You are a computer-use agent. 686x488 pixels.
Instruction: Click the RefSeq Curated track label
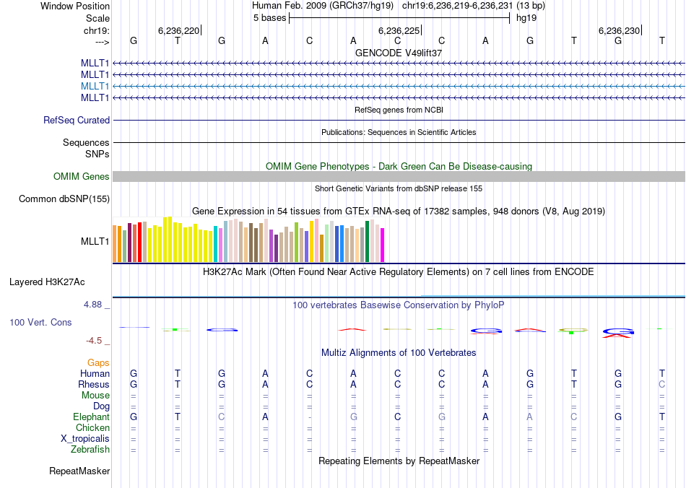pos(77,121)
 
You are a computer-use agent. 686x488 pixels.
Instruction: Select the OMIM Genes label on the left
pos(82,177)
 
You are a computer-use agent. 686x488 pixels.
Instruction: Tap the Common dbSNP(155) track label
pos(64,199)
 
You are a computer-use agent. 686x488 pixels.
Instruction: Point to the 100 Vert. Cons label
pos(40,322)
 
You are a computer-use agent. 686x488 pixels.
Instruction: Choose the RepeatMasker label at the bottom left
pos(79,471)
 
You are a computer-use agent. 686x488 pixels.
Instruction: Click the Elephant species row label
pos(92,417)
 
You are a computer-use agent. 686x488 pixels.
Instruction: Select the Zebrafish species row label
pos(92,450)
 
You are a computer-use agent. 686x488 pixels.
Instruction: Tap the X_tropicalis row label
pos(85,439)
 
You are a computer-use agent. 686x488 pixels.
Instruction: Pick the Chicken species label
pos(92,428)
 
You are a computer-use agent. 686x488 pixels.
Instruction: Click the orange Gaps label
pos(99,362)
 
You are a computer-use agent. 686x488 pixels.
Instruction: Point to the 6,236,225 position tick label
pos(398,30)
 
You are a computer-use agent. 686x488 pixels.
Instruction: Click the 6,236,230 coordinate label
pos(619,30)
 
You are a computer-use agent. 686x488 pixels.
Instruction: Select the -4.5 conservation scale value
pos(95,341)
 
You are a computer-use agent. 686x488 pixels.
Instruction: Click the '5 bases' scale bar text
pos(269,17)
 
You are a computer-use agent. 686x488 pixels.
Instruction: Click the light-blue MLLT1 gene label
pos(95,86)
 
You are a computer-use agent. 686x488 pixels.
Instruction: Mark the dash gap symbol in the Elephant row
pos(309,417)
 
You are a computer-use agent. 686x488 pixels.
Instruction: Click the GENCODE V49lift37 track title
pos(399,53)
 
